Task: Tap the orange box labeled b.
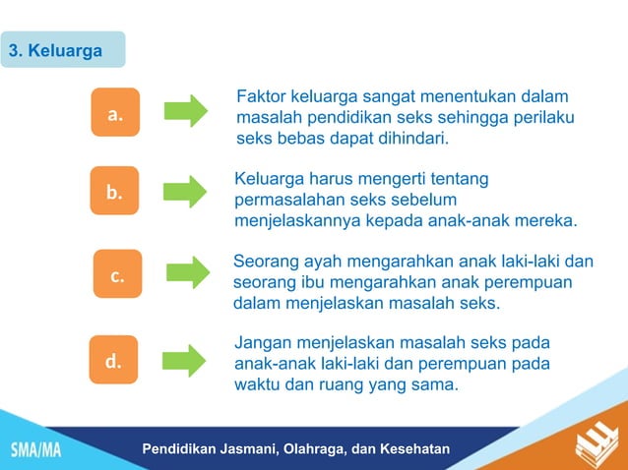(x=114, y=193)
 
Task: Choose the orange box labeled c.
(x=117, y=276)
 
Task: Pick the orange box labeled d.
(x=114, y=361)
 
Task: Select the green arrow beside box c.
(x=187, y=272)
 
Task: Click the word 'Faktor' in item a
(x=261, y=96)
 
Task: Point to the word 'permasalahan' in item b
(x=285, y=200)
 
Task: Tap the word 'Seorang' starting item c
(x=265, y=262)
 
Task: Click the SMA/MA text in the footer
(x=35, y=450)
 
